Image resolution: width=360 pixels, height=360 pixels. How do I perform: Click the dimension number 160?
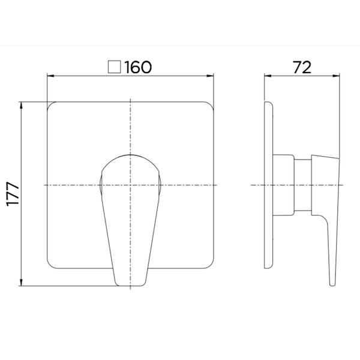(x=138, y=67)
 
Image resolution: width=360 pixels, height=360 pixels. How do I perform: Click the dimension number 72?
(x=302, y=67)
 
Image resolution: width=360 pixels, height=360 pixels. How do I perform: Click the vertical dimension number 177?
(x=13, y=194)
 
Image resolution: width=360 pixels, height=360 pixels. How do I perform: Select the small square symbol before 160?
(x=115, y=67)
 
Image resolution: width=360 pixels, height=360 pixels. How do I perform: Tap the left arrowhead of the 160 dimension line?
(x=50, y=76)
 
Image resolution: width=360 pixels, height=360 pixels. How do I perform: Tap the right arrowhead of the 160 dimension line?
(x=211, y=76)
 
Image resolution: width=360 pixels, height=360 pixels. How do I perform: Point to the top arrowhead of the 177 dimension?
(x=22, y=105)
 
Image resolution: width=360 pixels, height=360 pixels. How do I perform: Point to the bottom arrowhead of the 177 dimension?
(x=22, y=283)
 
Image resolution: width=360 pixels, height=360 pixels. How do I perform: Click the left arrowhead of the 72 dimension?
(x=268, y=76)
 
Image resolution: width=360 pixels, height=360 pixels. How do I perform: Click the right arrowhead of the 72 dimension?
(x=336, y=76)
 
